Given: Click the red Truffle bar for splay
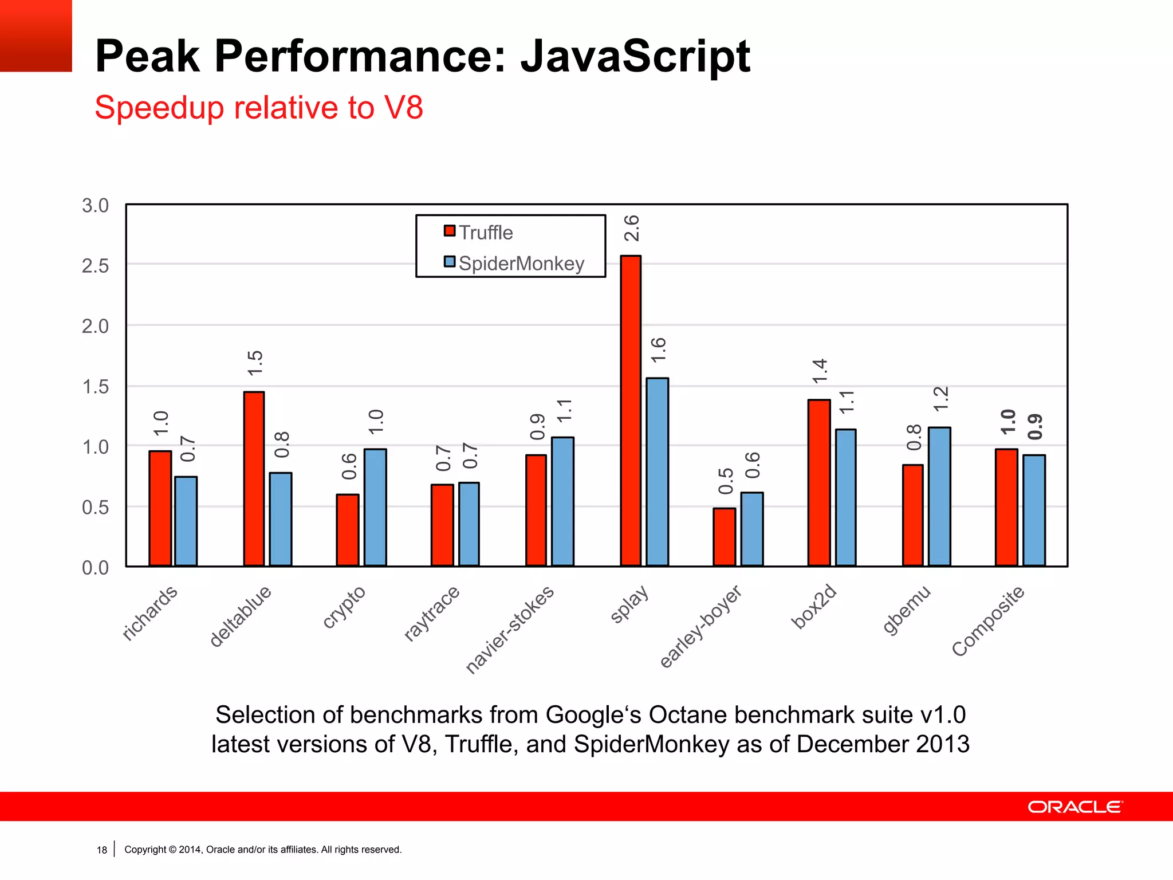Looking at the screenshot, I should pyautogui.click(x=631, y=411).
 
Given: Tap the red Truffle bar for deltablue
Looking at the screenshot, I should pyautogui.click(x=254, y=479).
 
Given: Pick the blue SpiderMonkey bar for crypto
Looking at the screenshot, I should pyautogui.click(x=375, y=508).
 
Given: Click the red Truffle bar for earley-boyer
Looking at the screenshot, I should pyautogui.click(x=725, y=537).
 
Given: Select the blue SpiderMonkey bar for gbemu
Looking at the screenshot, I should pyautogui.click(x=939, y=497).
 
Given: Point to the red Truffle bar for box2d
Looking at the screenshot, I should pyautogui.click(x=819, y=483).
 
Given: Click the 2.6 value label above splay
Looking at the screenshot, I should pyautogui.click(x=631, y=228).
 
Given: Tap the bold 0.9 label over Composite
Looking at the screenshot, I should pyautogui.click(x=1035, y=427).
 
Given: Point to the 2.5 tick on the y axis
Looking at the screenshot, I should pyautogui.click(x=95, y=266).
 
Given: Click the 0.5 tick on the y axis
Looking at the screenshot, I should pyautogui.click(x=95, y=508).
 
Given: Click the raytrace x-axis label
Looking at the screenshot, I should pyautogui.click(x=432, y=613).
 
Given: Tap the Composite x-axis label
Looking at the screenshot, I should pyautogui.click(x=988, y=621).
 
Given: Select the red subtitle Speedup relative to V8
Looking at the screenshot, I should pyautogui.click(x=259, y=108).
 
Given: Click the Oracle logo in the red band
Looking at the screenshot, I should pyautogui.click(x=1075, y=807).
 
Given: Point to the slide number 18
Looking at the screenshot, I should pyautogui.click(x=102, y=850).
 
